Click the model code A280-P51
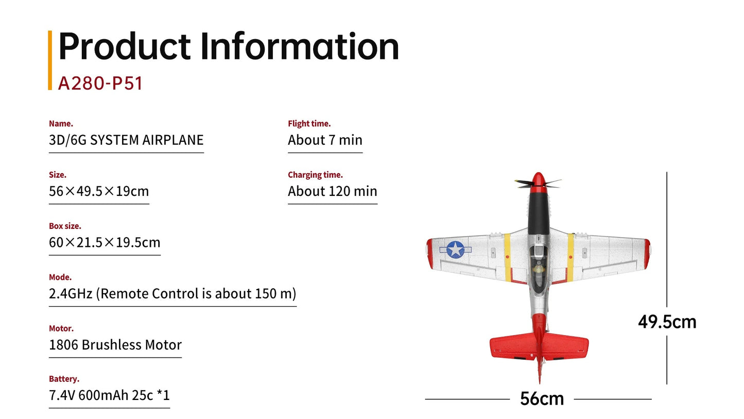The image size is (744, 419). pyautogui.click(x=100, y=83)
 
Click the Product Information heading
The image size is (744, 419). pyautogui.click(x=229, y=46)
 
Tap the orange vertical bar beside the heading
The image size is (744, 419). pyautogui.click(x=50, y=60)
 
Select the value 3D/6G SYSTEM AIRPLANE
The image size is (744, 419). pyautogui.click(x=126, y=140)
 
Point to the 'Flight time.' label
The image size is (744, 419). pyautogui.click(x=309, y=124)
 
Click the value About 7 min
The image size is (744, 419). pyautogui.click(x=325, y=140)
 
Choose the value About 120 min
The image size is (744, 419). pyautogui.click(x=332, y=191)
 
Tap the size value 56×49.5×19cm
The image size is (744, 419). pyautogui.click(x=99, y=191)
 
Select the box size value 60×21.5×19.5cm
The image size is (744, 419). pyautogui.click(x=105, y=242)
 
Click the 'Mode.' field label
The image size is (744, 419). pyautogui.click(x=60, y=277)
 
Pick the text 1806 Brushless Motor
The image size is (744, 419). pyautogui.click(x=115, y=345)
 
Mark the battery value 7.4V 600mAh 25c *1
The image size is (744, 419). pyautogui.click(x=109, y=395)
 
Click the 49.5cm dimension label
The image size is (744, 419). pyautogui.click(x=667, y=322)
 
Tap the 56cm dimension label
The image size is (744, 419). pyautogui.click(x=542, y=398)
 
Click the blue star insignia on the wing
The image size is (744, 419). pyautogui.click(x=455, y=249)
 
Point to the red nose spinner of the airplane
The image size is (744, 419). pyautogui.click(x=538, y=179)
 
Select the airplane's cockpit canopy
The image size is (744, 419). pyautogui.click(x=538, y=263)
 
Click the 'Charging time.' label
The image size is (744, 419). pyautogui.click(x=315, y=175)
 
